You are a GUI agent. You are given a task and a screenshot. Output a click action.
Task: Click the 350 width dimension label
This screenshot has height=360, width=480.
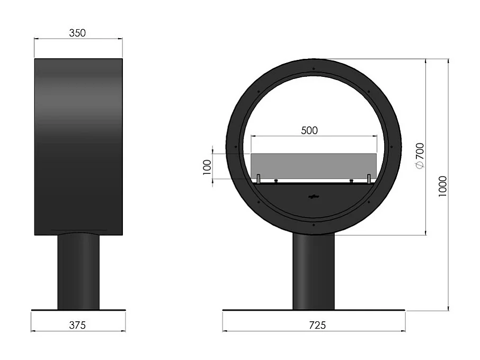tap(77, 33)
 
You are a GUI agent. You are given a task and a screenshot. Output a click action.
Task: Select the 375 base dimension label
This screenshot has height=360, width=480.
tap(77, 324)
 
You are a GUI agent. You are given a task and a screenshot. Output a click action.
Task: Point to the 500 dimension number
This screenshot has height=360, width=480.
tap(309, 130)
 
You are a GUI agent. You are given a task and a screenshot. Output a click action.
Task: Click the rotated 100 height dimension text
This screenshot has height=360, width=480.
tap(207, 167)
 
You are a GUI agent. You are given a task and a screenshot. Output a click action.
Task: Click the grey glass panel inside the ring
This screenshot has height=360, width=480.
tap(314, 166)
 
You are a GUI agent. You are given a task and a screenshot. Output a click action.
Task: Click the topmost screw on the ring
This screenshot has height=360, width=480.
tap(314, 69)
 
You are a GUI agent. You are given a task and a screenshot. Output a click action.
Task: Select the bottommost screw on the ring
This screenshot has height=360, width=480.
tap(314, 225)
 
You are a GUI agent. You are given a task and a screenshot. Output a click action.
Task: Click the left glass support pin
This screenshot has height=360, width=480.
tap(258, 179)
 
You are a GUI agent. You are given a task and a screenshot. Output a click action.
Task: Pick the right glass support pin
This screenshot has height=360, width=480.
tap(369, 179)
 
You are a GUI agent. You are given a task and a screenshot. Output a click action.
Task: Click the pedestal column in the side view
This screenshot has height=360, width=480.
tap(78, 270)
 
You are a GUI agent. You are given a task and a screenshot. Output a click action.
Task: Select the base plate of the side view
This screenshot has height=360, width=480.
tap(78, 310)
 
